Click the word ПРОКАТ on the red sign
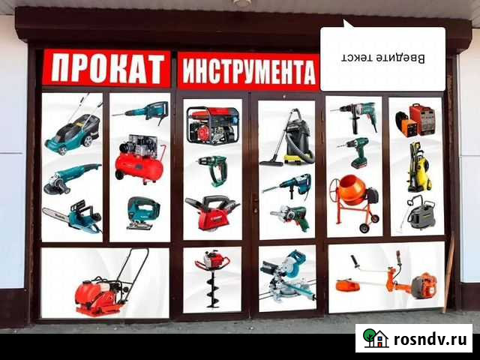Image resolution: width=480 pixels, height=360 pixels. coord(106,68)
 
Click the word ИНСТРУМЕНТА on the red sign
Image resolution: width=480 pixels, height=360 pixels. coord(247,73)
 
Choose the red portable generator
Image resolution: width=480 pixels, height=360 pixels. coord(212,125)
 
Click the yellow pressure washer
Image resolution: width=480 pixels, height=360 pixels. coord(415,167)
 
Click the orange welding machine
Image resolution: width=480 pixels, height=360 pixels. coord(415,119)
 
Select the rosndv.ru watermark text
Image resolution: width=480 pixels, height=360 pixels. coord(430,339)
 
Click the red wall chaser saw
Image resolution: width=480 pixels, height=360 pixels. coord(212,213)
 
